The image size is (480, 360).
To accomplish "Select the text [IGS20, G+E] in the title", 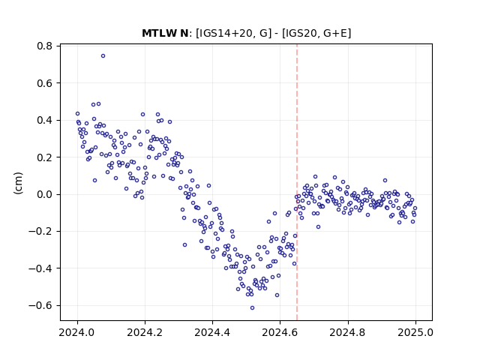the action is [x=316, y=33].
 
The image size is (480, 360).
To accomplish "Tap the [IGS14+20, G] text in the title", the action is [x=233, y=33].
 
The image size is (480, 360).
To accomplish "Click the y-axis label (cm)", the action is [x=18, y=183].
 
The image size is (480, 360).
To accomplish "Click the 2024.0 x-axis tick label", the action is [x=77, y=332].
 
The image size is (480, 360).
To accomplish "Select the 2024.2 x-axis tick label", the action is [x=145, y=332].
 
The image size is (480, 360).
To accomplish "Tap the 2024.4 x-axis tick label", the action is [x=212, y=332].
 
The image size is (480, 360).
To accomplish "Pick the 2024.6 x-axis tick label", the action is [x=280, y=332].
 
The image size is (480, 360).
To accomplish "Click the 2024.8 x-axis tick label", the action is [x=348, y=332].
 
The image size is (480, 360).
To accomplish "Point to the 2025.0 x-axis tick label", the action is [x=415, y=332].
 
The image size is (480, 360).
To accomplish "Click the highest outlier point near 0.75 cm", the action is [x=103, y=56].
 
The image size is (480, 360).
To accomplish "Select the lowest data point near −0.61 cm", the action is [x=252, y=308].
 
